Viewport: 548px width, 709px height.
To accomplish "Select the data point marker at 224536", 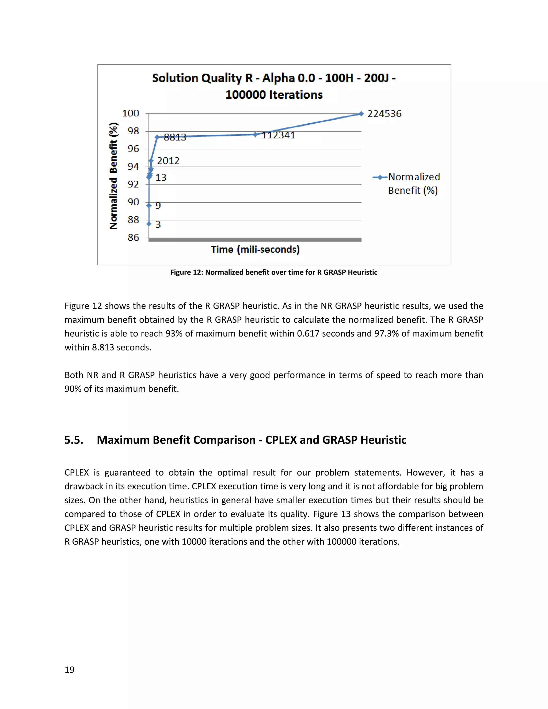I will (361, 114).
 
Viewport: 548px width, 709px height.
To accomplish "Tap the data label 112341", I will (279, 135).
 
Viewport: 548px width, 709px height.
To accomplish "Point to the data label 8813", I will (175, 137).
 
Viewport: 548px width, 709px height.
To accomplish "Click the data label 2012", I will (168, 161).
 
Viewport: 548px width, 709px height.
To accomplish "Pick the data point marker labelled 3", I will (149, 224).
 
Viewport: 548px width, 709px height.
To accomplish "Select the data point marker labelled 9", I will (149, 205).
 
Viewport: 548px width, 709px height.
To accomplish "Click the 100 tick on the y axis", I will (131, 113).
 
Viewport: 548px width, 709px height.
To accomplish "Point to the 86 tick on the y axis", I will (133, 238).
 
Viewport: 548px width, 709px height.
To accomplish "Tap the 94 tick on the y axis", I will (133, 166).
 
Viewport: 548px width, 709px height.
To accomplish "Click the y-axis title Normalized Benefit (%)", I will (113, 176).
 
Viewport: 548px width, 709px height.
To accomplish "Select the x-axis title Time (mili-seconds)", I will (255, 249).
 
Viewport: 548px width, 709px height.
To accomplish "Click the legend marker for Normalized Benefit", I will (380, 177).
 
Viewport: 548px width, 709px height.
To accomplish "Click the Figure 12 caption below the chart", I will (274, 272).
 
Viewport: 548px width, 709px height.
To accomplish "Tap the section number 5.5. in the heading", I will (74, 440).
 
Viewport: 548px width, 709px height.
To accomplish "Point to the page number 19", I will (70, 670).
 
